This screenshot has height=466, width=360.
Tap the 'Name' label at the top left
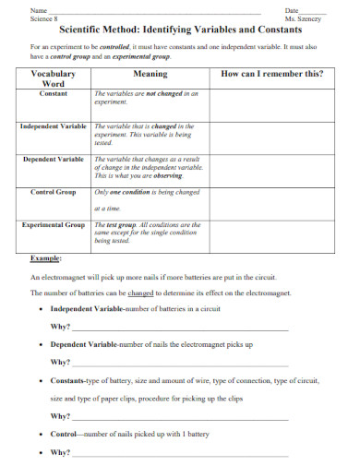(x=39, y=9)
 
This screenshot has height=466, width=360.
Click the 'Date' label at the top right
(x=292, y=9)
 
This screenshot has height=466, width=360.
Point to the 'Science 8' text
(x=44, y=18)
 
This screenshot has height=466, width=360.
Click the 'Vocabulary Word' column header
(x=54, y=78)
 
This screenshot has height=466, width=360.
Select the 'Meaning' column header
(x=150, y=73)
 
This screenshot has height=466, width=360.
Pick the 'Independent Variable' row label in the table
(x=54, y=125)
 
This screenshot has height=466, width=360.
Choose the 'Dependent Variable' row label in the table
(x=54, y=159)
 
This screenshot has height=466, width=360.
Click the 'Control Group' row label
(x=54, y=192)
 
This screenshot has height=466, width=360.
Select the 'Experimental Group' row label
(x=54, y=224)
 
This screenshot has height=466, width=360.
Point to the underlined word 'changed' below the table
(x=141, y=293)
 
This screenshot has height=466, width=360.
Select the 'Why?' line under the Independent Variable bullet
(x=61, y=326)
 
